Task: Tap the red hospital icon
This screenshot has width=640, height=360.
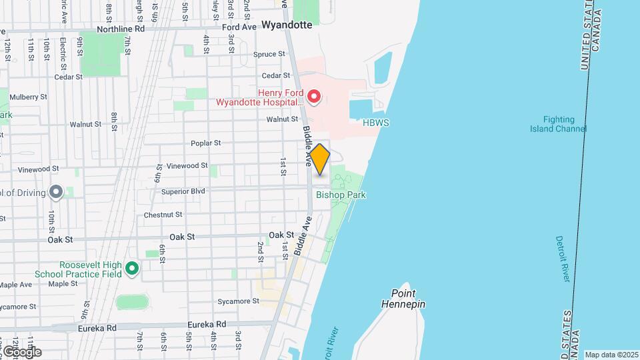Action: tap(313, 98)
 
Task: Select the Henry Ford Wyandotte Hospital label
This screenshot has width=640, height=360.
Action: tap(259, 98)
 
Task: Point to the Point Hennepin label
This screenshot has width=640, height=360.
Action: tap(403, 299)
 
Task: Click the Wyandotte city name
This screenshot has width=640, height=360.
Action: tap(287, 25)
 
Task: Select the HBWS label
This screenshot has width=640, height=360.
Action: tap(376, 123)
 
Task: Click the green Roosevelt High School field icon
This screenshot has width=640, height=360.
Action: tap(132, 269)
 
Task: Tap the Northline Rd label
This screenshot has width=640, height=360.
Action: tap(121, 29)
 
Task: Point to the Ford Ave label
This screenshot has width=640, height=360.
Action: tap(239, 27)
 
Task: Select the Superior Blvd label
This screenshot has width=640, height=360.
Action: tap(183, 191)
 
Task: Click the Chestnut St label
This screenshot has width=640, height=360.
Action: tap(163, 215)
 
